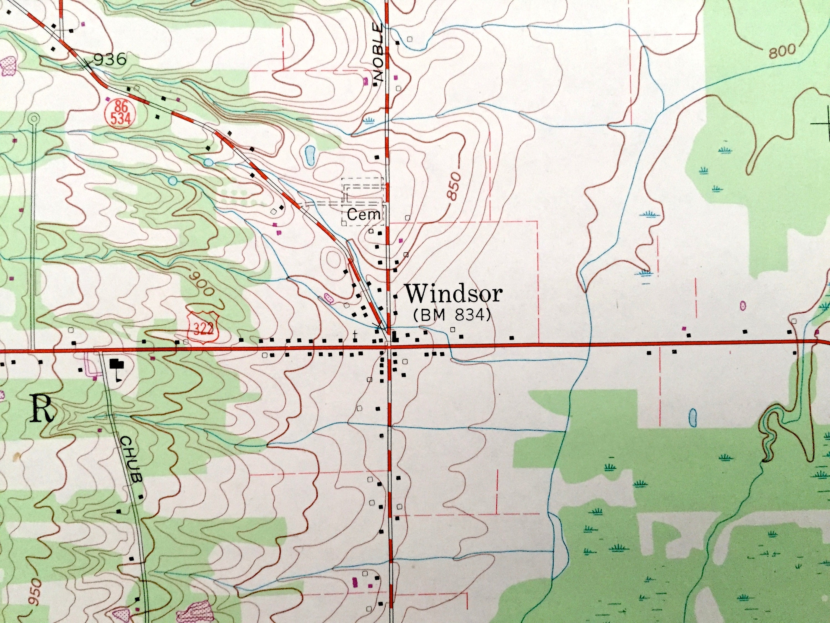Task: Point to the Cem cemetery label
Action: pyautogui.click(x=364, y=215)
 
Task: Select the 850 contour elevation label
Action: pyautogui.click(x=453, y=192)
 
